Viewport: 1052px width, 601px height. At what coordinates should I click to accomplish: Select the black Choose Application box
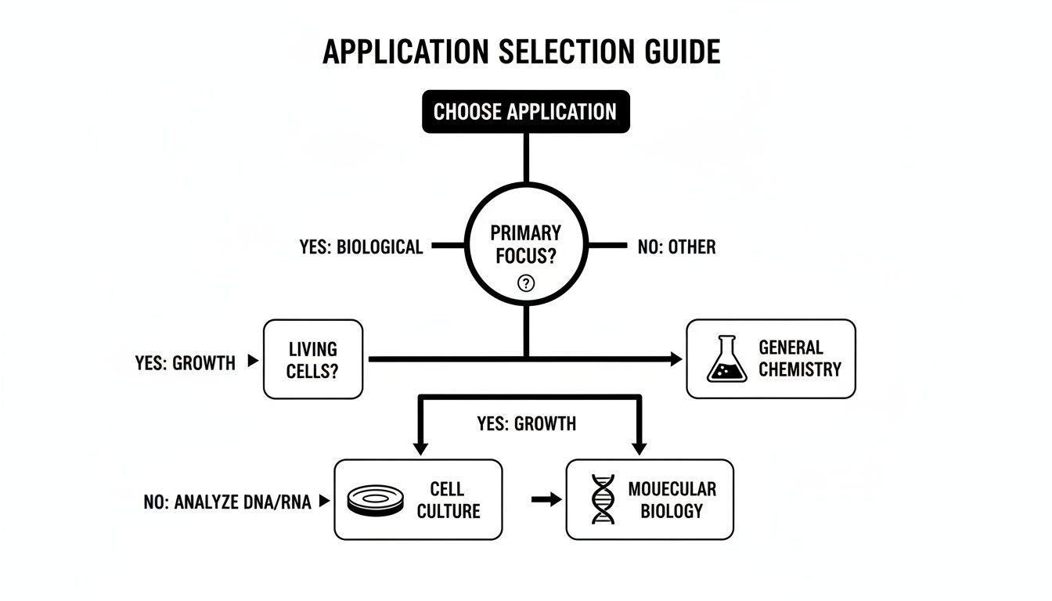[x=525, y=112]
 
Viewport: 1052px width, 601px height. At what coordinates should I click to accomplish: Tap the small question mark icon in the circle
[x=526, y=284]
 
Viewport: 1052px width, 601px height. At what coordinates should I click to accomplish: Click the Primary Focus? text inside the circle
[x=526, y=244]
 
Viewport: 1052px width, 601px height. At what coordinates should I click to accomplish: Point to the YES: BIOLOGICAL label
[x=361, y=247]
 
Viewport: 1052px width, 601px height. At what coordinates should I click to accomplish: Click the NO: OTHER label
[x=676, y=247]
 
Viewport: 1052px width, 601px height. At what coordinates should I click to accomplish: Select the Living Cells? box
[x=313, y=359]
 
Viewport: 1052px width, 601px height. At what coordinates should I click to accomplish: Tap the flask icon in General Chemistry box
[x=726, y=359]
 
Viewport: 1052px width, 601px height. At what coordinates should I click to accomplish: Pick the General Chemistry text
[x=800, y=358]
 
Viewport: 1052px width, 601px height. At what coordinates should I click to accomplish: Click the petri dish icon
[x=375, y=500]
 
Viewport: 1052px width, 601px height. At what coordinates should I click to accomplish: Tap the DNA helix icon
[x=603, y=499]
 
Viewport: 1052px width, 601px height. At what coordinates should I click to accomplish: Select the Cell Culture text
[x=448, y=500]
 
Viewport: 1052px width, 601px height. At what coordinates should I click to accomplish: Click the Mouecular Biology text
[x=672, y=500]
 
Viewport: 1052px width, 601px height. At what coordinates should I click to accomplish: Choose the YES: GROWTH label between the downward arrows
[x=526, y=424]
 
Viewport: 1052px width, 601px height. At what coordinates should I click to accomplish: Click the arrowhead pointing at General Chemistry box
[x=674, y=359]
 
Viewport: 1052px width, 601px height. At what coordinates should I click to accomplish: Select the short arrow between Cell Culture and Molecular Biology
[x=546, y=499]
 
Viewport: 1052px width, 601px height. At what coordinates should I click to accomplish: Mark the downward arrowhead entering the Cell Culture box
[x=421, y=449]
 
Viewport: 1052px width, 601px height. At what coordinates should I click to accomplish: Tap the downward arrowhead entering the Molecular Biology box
[x=639, y=449]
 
